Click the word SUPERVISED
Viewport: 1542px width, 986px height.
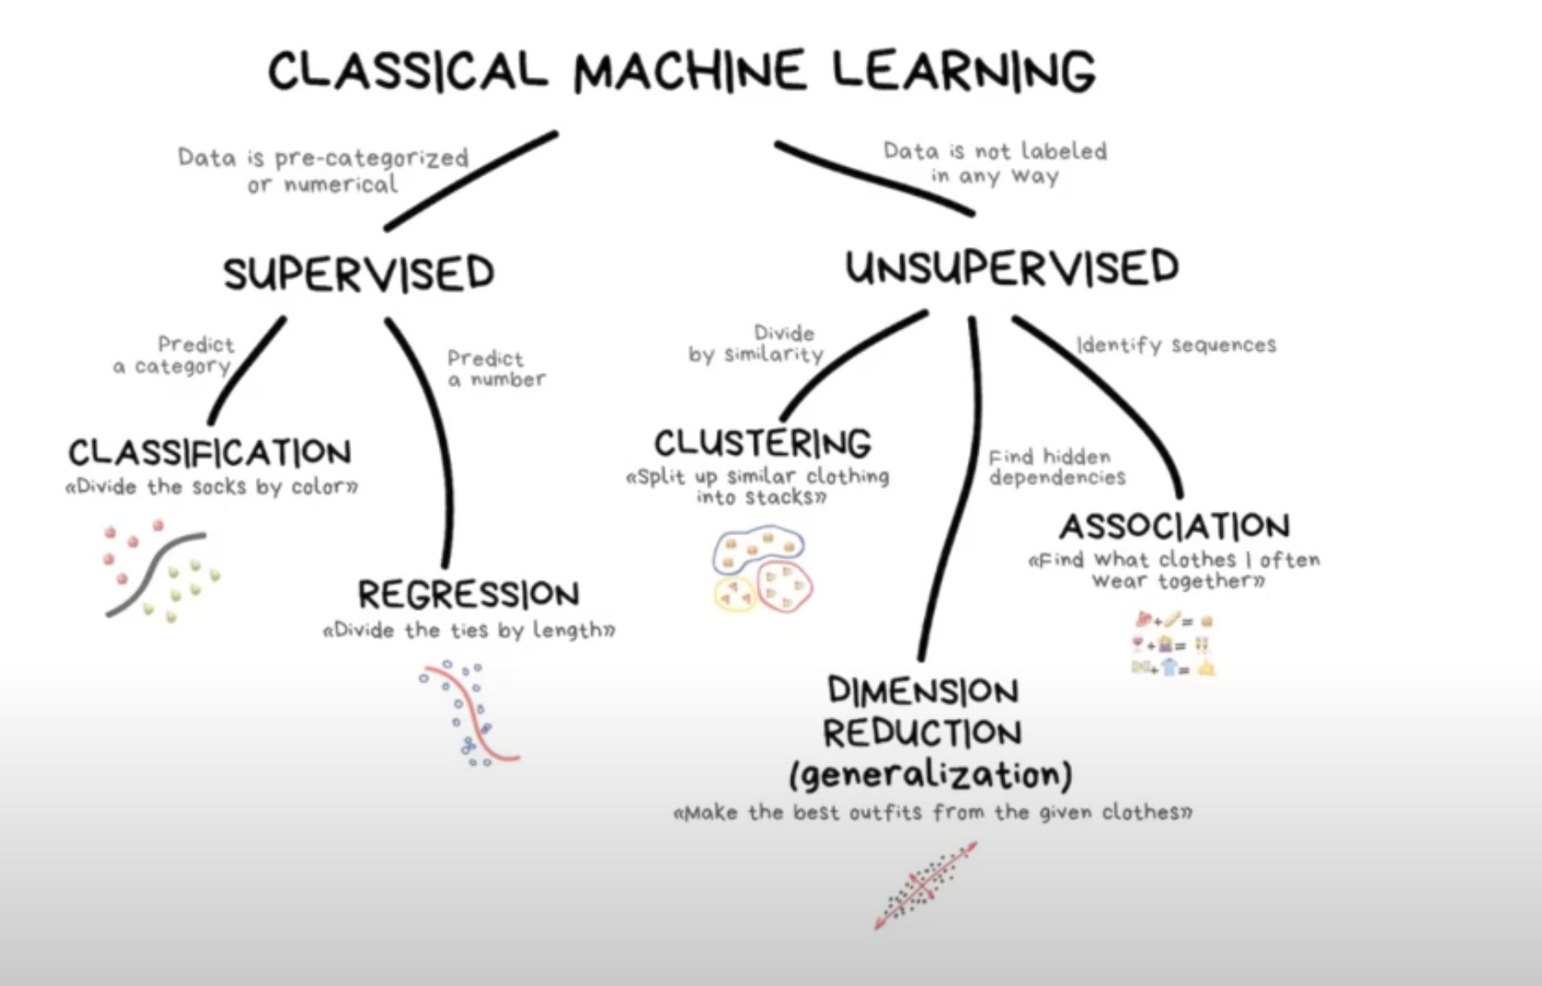coord(359,274)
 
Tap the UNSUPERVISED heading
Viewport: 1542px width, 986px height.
coord(1012,267)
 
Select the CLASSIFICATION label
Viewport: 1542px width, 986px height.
coord(210,452)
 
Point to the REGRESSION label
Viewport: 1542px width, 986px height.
coord(468,594)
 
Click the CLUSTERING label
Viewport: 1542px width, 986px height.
coord(762,443)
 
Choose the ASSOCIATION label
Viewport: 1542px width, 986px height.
coord(1175,526)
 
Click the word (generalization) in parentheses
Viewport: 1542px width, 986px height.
coord(930,775)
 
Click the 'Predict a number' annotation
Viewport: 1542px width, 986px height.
coord(495,369)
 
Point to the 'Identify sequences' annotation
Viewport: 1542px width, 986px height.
coord(1176,345)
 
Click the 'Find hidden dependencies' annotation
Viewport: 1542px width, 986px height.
coord(1056,467)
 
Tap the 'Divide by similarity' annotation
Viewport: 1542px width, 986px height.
coord(756,344)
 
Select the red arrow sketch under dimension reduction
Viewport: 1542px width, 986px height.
coord(925,886)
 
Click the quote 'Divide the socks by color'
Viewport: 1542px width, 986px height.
coord(211,487)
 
